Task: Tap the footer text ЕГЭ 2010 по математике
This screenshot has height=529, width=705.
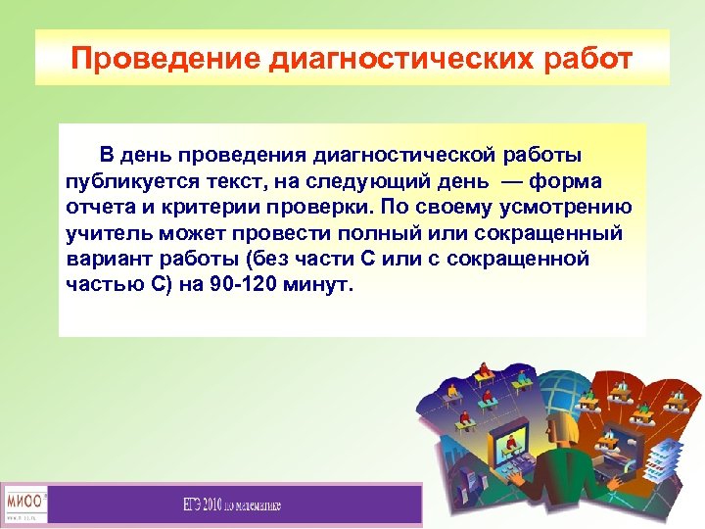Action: (232, 505)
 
